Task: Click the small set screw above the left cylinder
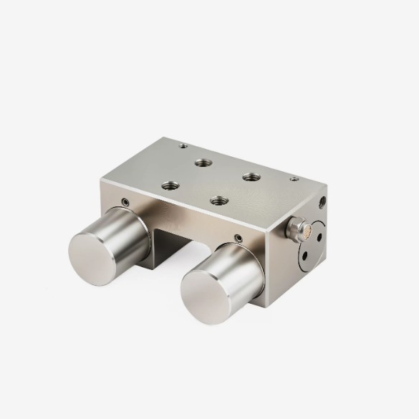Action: [126, 202]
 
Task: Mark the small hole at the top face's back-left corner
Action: [183, 146]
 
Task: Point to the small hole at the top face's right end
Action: [294, 179]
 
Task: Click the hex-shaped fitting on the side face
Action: [294, 228]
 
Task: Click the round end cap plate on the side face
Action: [312, 244]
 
